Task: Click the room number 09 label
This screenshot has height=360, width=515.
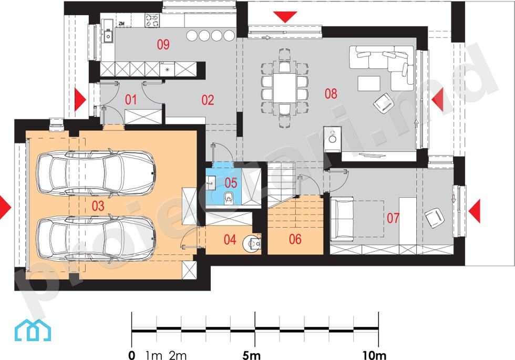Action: [x=163, y=44]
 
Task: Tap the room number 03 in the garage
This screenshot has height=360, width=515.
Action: [x=98, y=206]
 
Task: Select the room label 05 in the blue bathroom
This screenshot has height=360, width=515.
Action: [x=231, y=183]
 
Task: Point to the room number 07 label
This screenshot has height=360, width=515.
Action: [x=393, y=218]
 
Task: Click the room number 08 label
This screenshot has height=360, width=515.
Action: [x=331, y=94]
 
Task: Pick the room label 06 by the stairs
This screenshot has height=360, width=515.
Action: [x=295, y=239]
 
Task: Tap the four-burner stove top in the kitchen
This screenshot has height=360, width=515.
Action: [x=152, y=20]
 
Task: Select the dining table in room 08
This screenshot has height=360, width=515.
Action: [x=285, y=88]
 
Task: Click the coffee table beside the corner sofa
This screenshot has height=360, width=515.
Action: [x=369, y=83]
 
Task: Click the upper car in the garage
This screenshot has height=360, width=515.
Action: [x=95, y=173]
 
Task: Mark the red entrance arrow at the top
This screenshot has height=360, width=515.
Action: [x=285, y=17]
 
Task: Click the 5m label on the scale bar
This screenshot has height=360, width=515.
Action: [x=252, y=355]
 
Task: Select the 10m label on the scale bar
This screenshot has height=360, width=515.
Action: [x=374, y=355]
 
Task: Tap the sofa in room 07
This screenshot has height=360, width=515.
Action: [x=342, y=218]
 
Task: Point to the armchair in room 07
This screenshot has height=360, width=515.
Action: [x=435, y=218]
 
